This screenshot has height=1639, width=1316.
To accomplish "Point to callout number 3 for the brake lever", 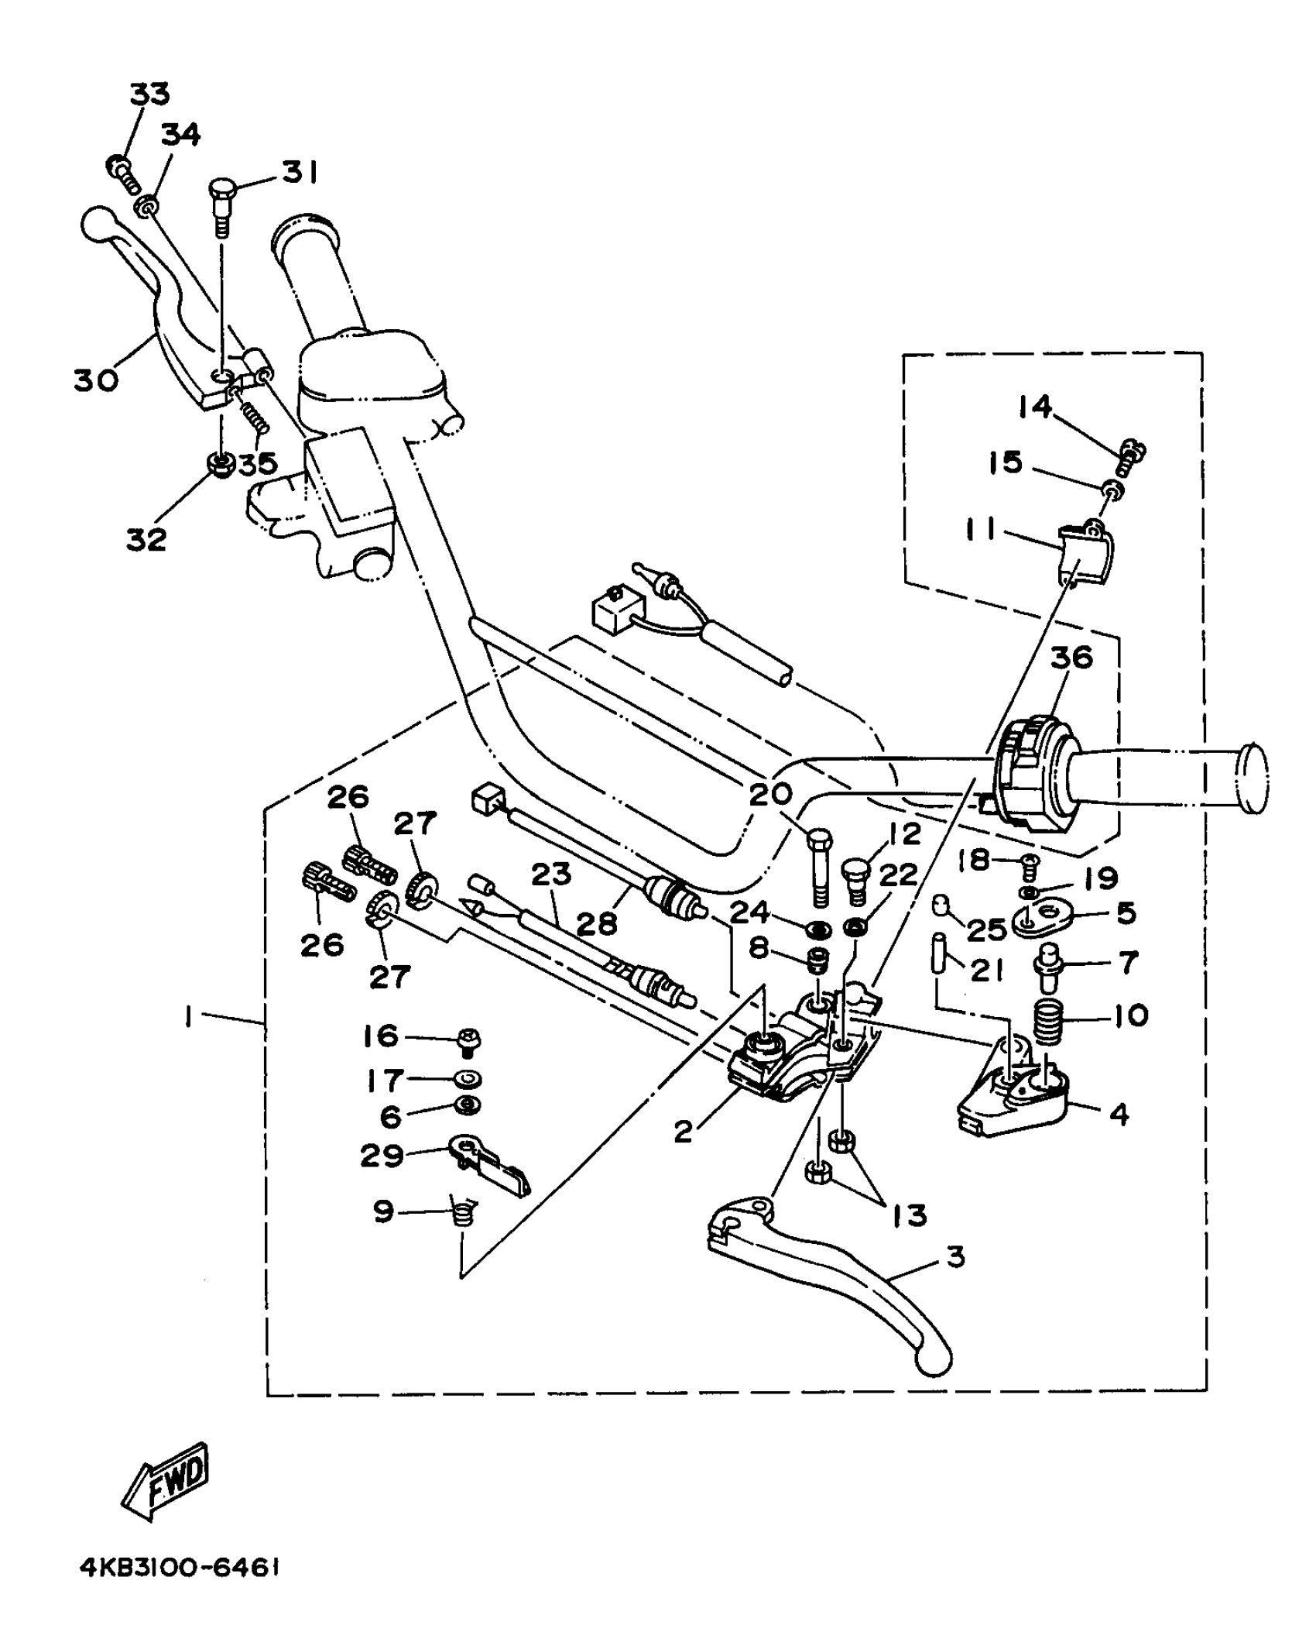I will tap(956, 1256).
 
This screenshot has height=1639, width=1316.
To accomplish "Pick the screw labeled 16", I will tap(467, 1039).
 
